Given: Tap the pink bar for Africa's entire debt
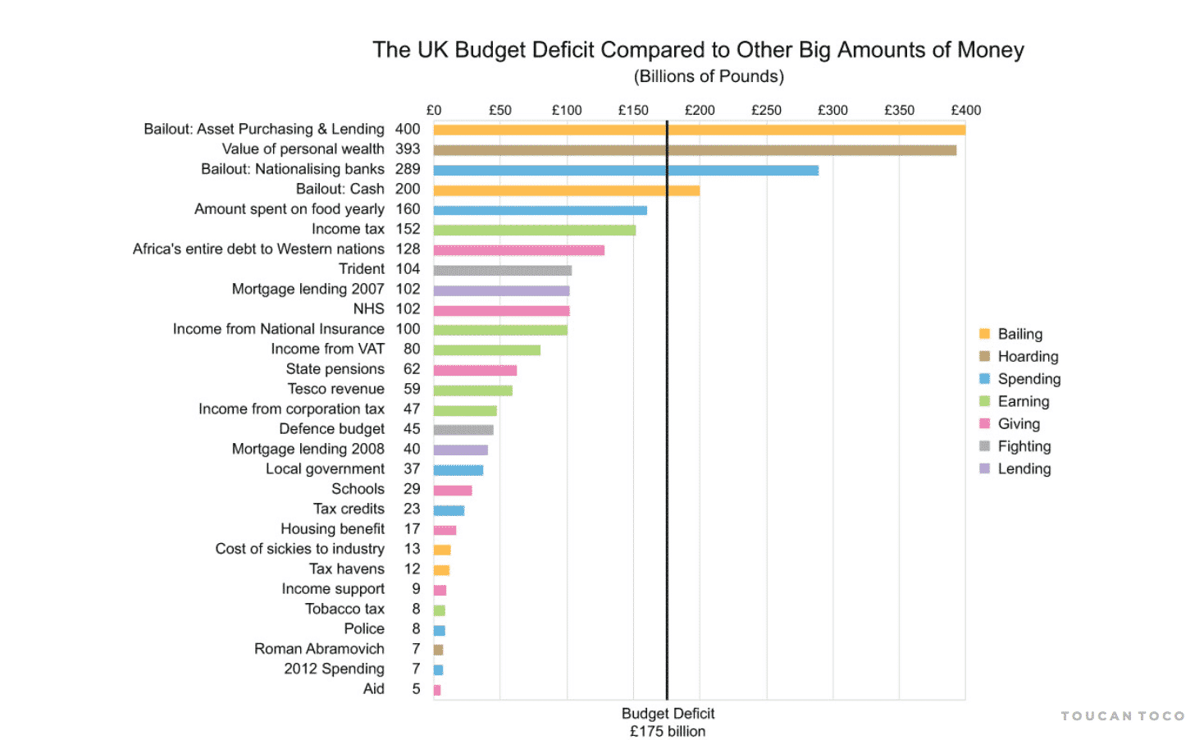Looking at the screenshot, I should [x=518, y=250].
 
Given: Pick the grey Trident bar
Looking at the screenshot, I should [x=502, y=270].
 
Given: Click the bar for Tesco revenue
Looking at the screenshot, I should [x=472, y=391].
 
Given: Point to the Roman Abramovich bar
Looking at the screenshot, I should [x=438, y=650].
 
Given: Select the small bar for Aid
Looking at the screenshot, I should [x=437, y=690].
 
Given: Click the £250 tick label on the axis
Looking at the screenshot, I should [x=766, y=110].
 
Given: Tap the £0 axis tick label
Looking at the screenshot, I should [x=434, y=110].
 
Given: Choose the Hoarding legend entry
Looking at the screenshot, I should [x=1028, y=357].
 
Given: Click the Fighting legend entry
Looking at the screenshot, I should [x=1024, y=446].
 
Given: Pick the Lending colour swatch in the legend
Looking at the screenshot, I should [x=984, y=468].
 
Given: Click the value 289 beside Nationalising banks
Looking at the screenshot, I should [x=408, y=169].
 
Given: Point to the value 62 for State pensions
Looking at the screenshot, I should [x=412, y=369].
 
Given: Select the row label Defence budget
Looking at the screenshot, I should [x=331, y=429].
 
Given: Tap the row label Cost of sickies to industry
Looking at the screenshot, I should [x=299, y=549].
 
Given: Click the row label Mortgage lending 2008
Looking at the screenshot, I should [x=308, y=449].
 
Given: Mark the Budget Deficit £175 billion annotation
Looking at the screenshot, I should [x=668, y=723].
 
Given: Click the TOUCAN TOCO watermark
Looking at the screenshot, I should [x=1122, y=716].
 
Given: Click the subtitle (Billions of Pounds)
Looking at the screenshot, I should [x=709, y=76].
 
